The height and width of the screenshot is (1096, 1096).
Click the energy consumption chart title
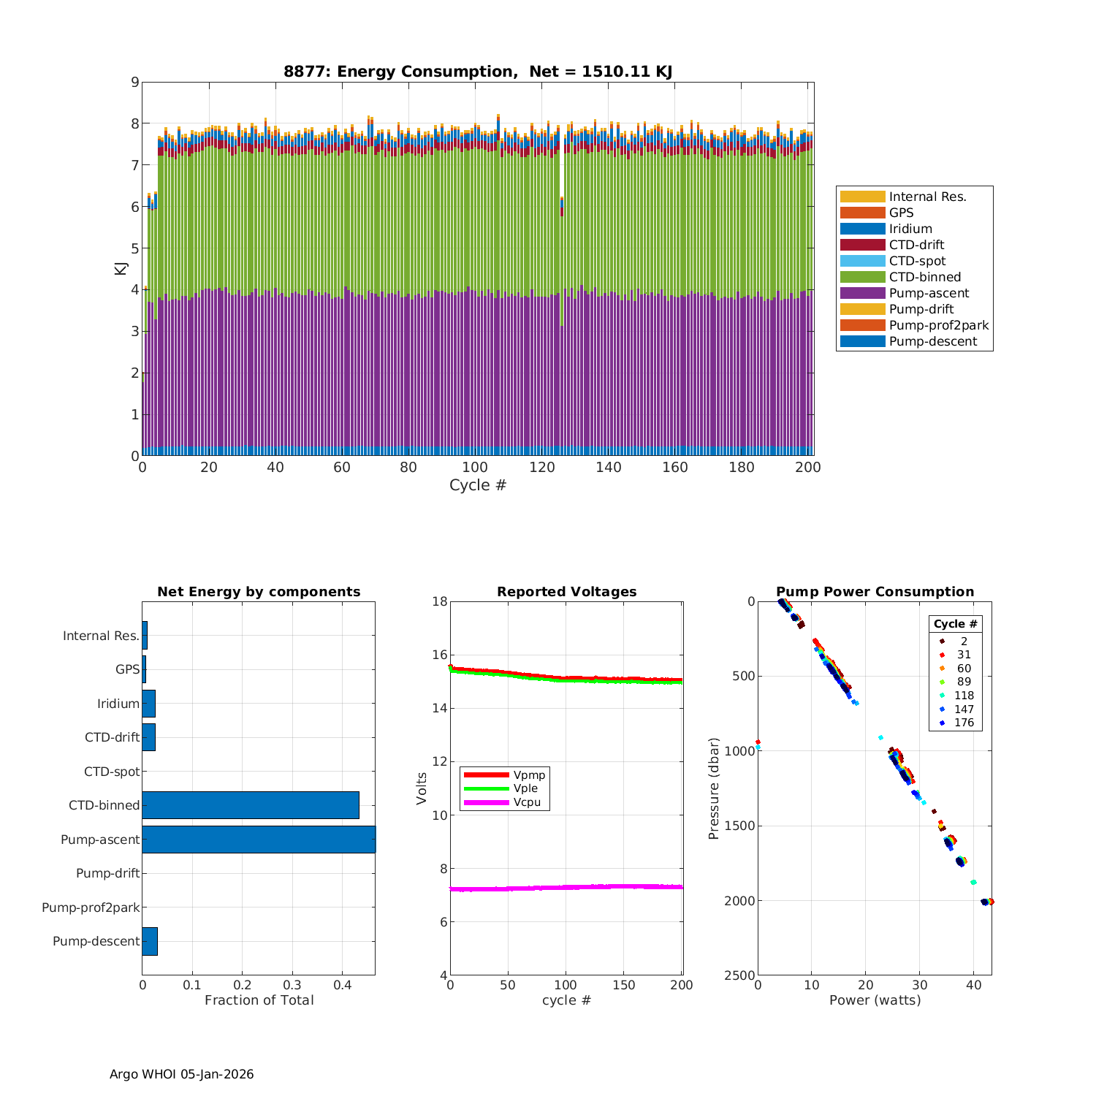pyautogui.click(x=478, y=72)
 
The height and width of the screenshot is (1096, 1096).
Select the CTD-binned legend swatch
pyautogui.click(x=862, y=277)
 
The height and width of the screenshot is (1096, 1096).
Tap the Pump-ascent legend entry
pyautogui.click(x=929, y=293)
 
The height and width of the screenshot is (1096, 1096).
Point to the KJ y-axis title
pyautogui.click(x=120, y=268)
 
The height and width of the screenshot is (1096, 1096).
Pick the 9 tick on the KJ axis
pyautogui.click(x=134, y=82)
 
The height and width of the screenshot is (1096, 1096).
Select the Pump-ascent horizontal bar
pyautogui.click(x=259, y=840)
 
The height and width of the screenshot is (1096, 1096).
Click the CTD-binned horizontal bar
pyautogui.click(x=251, y=805)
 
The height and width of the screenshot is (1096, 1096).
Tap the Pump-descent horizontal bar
pyautogui.click(x=150, y=941)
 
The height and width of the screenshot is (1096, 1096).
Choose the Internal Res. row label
pyautogui.click(x=101, y=636)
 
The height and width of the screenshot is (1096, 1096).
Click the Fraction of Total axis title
pyautogui.click(x=259, y=1000)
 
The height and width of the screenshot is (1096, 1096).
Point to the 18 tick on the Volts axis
pyautogui.click(x=439, y=601)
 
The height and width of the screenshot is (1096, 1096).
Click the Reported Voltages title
pyautogui.click(x=566, y=592)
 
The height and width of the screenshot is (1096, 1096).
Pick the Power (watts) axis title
pyautogui.click(x=875, y=1000)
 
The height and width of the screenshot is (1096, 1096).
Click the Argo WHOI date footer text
pyautogui.click(x=182, y=1074)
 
